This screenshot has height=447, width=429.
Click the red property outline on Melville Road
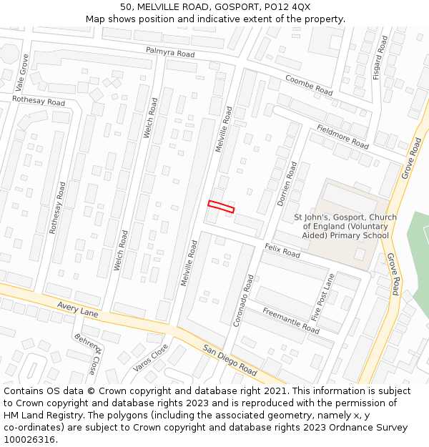[x=221, y=207]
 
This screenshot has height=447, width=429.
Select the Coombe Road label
[x=309, y=85]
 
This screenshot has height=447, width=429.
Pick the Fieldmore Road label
[x=342, y=137]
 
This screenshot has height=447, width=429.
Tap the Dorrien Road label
[x=287, y=184]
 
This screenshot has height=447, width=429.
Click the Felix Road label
[x=282, y=250]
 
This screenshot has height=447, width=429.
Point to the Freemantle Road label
[x=290, y=320]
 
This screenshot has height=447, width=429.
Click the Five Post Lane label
[x=322, y=297]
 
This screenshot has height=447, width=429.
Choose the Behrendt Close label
[x=88, y=353]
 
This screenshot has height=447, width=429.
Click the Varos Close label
[x=150, y=358]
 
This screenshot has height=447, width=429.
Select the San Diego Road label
[x=229, y=360]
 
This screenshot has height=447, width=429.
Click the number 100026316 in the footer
[x=29, y=440]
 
